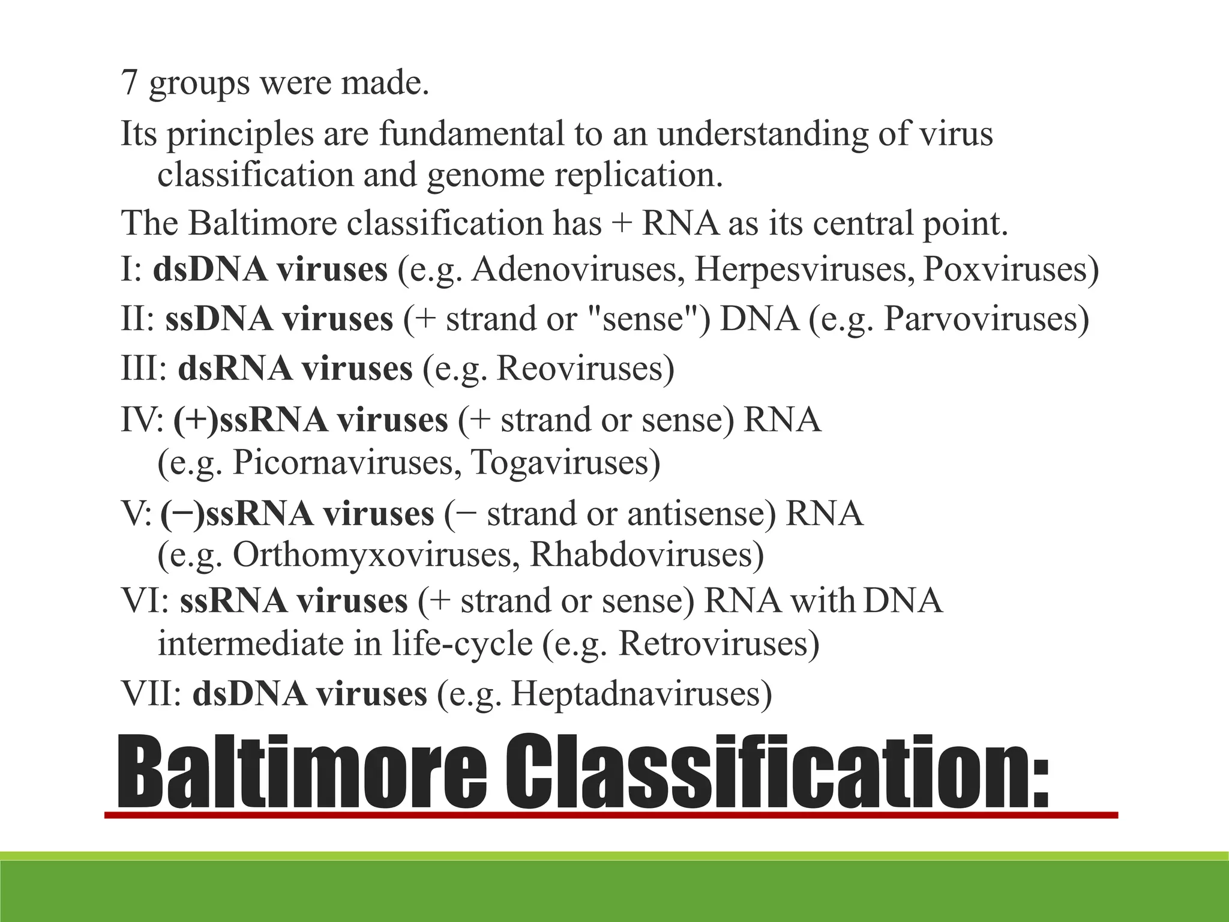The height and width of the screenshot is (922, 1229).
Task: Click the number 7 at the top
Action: (x=130, y=82)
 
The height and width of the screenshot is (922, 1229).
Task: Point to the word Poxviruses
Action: (x=1004, y=269)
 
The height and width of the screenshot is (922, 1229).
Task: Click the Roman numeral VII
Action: (x=151, y=693)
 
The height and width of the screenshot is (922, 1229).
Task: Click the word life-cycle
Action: (x=463, y=643)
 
